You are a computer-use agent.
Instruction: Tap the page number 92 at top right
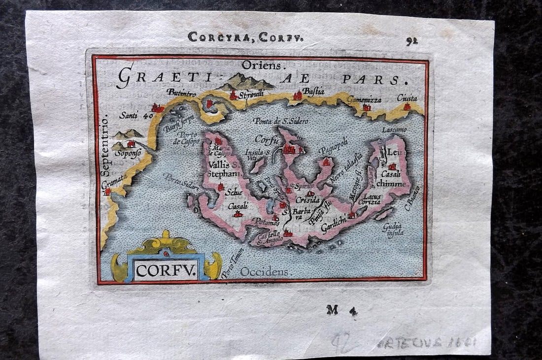(x=412, y=41)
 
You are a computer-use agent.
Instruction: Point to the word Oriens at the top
(x=261, y=65)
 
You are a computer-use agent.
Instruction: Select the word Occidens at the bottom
(x=264, y=271)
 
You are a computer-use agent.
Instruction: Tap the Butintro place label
(x=181, y=92)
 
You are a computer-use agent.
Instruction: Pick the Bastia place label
(x=313, y=91)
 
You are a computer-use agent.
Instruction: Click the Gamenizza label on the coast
(x=364, y=99)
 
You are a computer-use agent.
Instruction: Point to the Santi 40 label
(x=136, y=115)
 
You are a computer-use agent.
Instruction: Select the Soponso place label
(x=128, y=153)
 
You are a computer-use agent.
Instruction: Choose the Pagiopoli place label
(x=333, y=146)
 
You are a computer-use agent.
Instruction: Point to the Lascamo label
(x=395, y=130)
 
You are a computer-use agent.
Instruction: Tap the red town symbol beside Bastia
(x=298, y=96)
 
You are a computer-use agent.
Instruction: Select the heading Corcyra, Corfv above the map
(x=246, y=36)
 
